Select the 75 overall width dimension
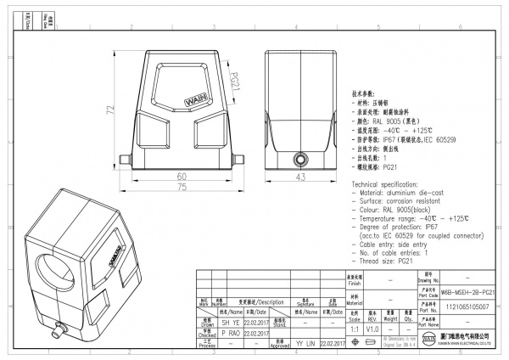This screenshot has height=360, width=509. [181, 188]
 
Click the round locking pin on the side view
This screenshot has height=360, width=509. [299, 160]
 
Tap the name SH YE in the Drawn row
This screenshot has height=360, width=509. [231, 323]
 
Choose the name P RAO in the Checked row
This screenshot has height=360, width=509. [231, 333]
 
